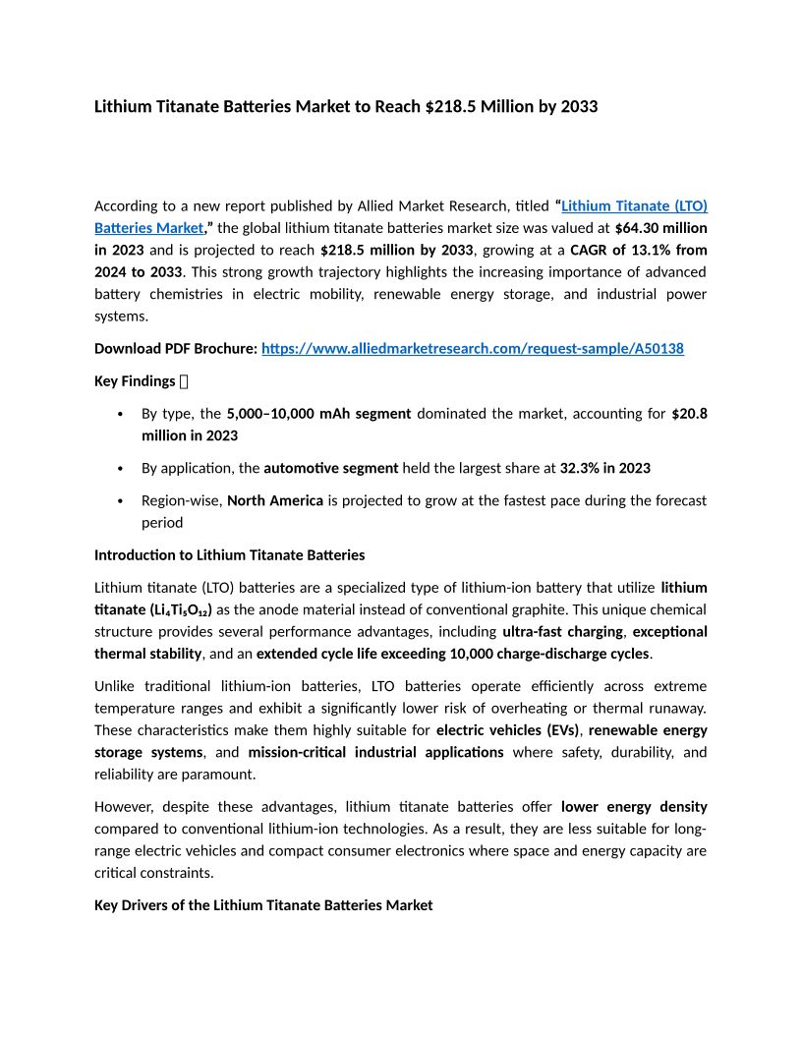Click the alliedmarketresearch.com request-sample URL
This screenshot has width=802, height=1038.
(472, 348)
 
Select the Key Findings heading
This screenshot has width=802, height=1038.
(135, 380)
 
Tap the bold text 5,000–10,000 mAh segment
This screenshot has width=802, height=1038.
(318, 414)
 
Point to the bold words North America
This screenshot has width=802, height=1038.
(275, 500)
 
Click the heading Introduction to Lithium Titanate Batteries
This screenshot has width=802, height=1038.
(229, 555)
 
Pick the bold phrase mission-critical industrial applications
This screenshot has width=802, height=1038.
(375, 752)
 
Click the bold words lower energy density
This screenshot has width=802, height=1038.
(634, 806)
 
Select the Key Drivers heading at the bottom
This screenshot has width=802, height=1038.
(262, 904)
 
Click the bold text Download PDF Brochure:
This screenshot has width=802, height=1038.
(176, 348)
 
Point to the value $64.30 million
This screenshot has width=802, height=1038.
(660, 227)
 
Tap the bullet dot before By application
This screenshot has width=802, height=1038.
(120, 468)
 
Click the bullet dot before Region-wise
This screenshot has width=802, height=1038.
(120, 500)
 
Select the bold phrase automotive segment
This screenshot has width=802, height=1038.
(331, 468)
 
